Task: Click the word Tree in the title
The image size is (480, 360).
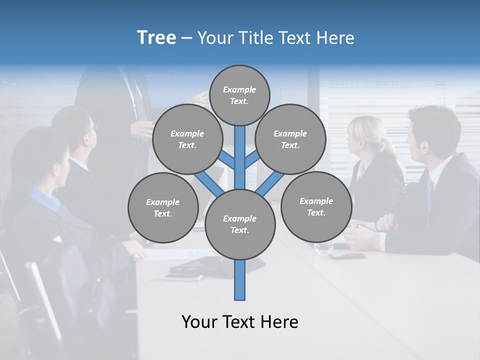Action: click(x=156, y=37)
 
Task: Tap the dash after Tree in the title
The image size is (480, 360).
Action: click(x=186, y=38)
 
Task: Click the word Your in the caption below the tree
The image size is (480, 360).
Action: click(x=200, y=322)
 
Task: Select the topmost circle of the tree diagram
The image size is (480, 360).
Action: click(x=239, y=95)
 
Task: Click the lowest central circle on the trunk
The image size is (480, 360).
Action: click(x=240, y=224)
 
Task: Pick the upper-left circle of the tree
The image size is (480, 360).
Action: click(x=187, y=139)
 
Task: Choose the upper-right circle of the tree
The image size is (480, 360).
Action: click(x=290, y=139)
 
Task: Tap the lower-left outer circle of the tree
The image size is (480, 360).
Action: click(x=163, y=208)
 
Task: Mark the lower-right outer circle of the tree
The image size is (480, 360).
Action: click(x=316, y=207)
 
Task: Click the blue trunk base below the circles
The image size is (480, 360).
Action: click(x=240, y=280)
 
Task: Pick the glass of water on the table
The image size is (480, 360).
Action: click(x=324, y=245)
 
